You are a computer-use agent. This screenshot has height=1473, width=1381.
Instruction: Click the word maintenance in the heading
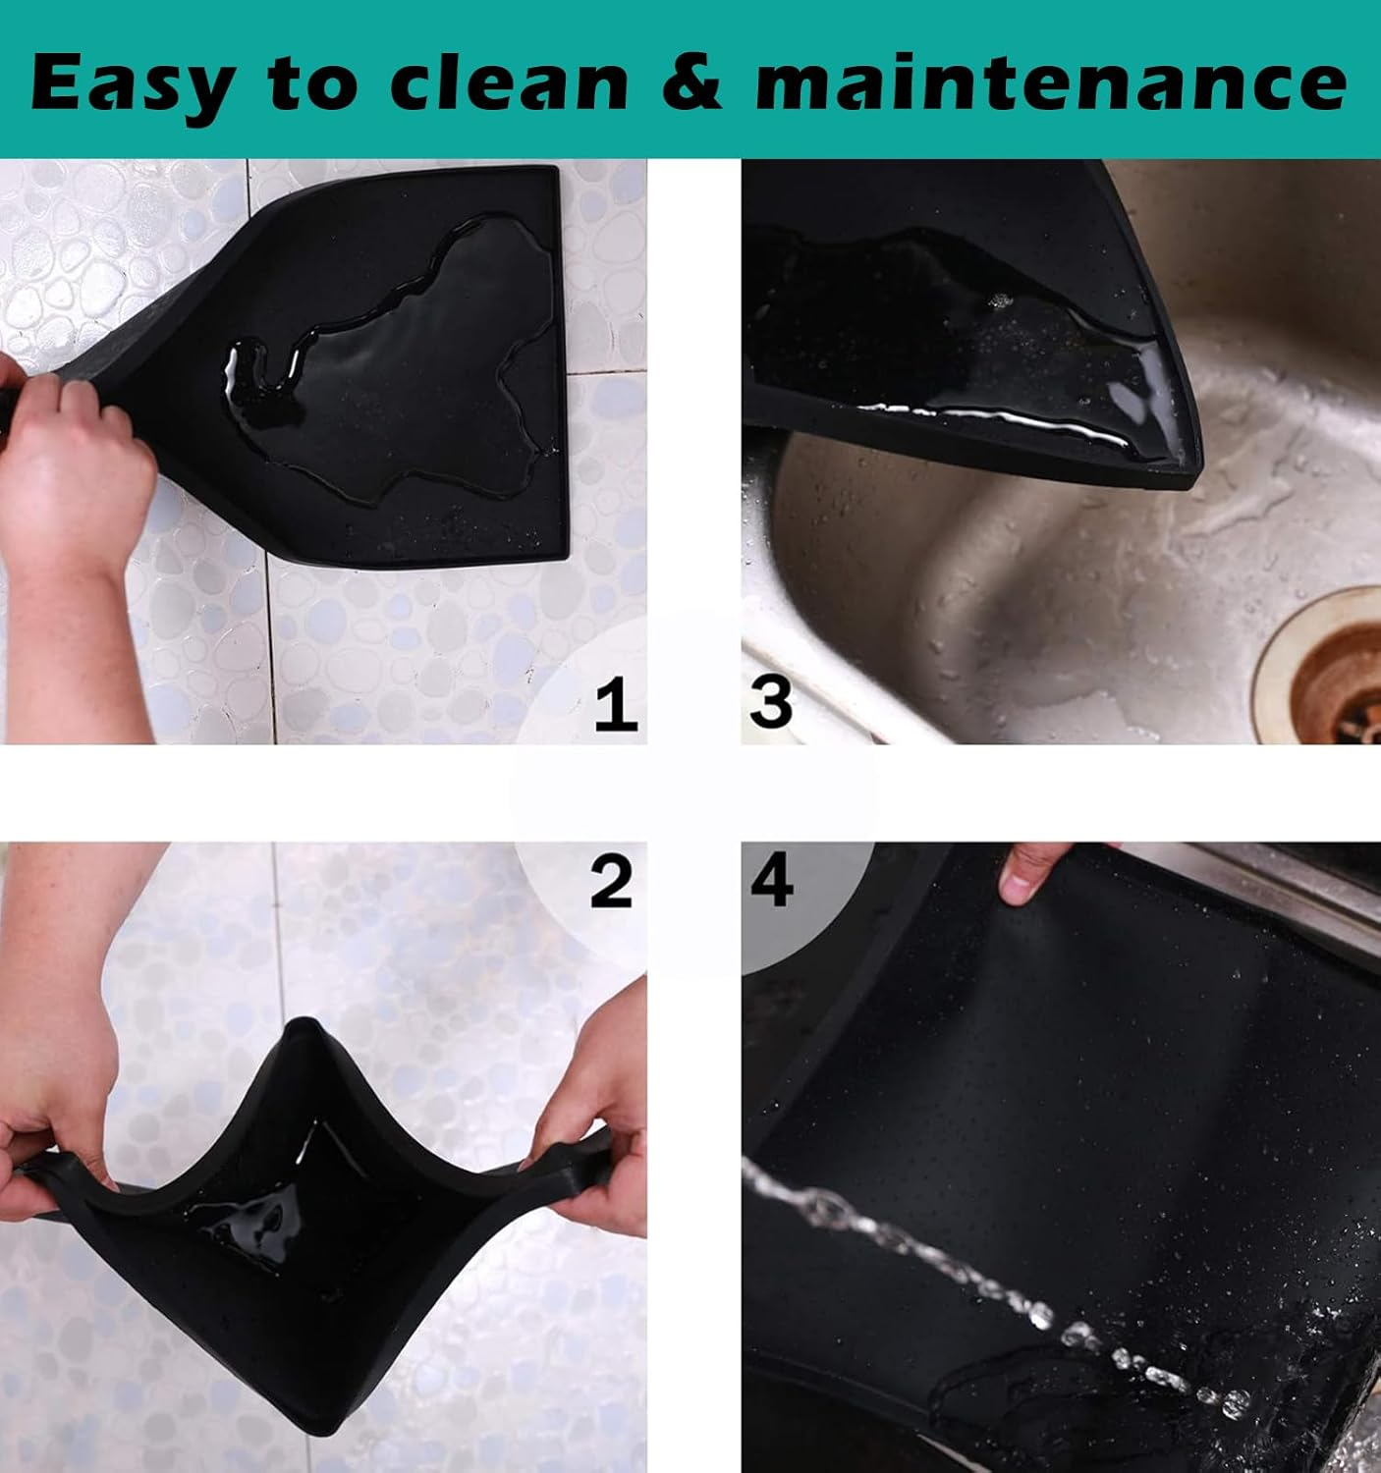(x=1050, y=84)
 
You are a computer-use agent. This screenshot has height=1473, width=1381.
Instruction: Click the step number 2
(x=611, y=881)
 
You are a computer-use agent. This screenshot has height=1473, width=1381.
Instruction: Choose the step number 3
(x=770, y=702)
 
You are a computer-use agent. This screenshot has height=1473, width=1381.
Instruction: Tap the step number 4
(x=772, y=881)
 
